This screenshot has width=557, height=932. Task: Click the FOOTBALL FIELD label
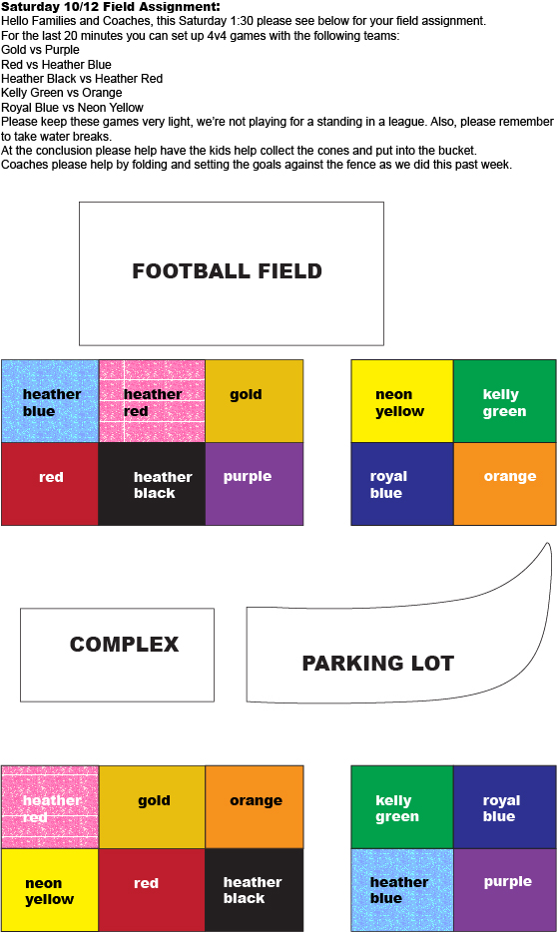tap(227, 271)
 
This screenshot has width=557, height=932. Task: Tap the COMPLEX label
tap(124, 645)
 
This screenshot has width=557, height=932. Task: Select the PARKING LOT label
tap(378, 664)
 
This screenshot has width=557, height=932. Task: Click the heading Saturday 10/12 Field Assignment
tap(111, 7)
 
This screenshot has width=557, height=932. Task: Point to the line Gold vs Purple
tap(40, 50)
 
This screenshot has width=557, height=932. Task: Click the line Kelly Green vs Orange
tap(62, 94)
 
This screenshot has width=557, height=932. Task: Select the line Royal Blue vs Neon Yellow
tap(73, 108)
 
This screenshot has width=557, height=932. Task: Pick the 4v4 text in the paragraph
tap(220, 36)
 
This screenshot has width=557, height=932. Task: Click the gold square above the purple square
tap(255, 401)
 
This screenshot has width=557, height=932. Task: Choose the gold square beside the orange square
tap(152, 807)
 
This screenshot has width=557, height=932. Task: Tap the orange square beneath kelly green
tap(505, 484)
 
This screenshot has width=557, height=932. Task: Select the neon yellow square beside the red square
tap(50, 890)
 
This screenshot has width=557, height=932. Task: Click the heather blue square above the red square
tap(50, 401)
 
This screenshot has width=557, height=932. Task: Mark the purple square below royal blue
tap(505, 890)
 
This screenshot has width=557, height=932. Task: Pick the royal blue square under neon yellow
tap(402, 484)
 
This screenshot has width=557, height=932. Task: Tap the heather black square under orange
tap(255, 890)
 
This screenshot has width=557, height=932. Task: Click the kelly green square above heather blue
tap(402, 807)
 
